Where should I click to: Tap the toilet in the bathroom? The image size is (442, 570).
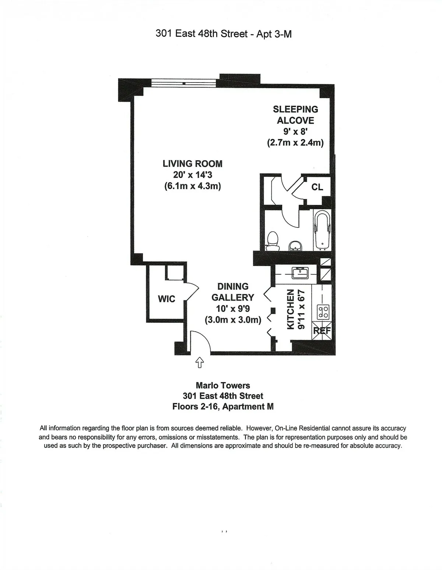coord(273,242)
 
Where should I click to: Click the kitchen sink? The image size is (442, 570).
coord(301,273)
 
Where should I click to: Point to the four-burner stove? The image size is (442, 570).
coord(323,312)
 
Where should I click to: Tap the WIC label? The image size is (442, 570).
coord(166,299)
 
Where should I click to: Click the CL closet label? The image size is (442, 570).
coord(317,187)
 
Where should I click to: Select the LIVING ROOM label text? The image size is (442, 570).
coord(192,164)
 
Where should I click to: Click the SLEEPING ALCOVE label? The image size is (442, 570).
coord(295,115)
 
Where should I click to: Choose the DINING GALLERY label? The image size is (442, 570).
coord(233,292)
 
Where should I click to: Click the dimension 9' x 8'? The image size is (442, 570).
coord(295,132)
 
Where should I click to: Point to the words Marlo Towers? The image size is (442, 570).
coord(223,385)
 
